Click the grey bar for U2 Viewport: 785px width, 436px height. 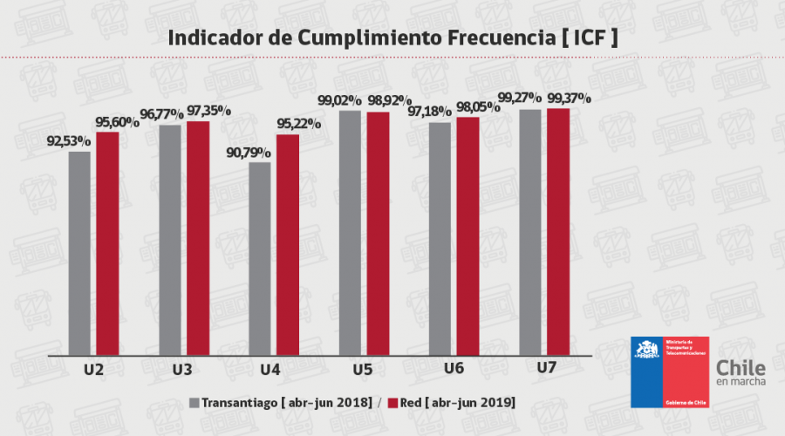click(x=79, y=254)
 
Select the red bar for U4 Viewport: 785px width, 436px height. click(x=287, y=245)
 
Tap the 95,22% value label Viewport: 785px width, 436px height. click(x=298, y=123)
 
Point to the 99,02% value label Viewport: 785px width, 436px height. click(x=342, y=99)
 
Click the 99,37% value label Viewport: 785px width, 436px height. click(x=569, y=98)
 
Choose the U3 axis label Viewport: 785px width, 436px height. click(x=182, y=370)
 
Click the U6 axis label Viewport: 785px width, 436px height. click(x=453, y=368)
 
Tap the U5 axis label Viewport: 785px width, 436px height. click(x=363, y=370)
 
